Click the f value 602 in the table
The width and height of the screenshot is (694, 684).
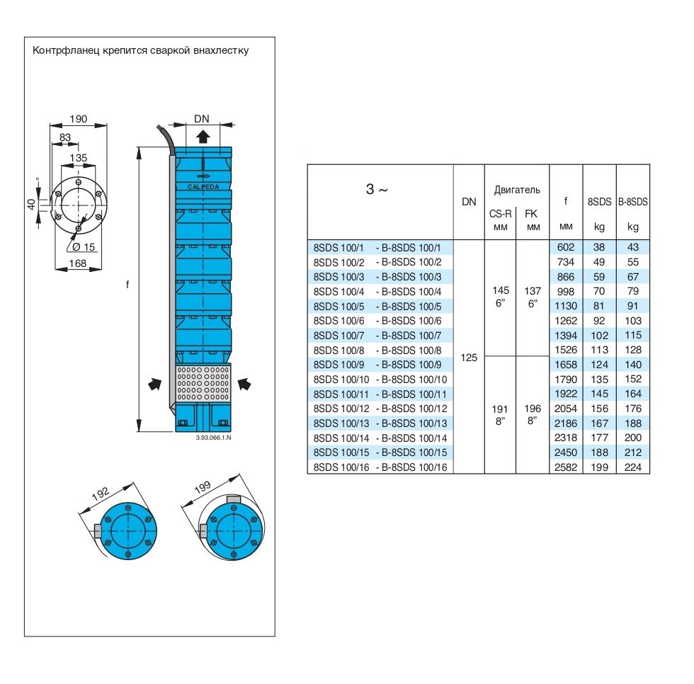(566, 248)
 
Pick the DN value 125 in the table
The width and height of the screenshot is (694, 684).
(469, 358)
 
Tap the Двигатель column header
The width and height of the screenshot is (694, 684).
(517, 190)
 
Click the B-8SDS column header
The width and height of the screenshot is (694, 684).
(633, 203)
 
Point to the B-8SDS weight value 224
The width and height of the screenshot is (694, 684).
(633, 467)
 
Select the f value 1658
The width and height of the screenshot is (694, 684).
(566, 365)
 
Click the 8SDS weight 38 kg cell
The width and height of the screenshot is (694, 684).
(599, 248)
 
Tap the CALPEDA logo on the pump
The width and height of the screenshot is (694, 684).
(203, 186)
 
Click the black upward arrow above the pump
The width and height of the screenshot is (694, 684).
(203, 137)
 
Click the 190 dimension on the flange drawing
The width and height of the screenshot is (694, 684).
(78, 120)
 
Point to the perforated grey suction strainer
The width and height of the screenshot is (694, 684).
(203, 382)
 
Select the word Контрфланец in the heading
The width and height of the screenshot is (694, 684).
(64, 51)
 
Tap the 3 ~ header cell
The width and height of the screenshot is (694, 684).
(377, 190)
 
